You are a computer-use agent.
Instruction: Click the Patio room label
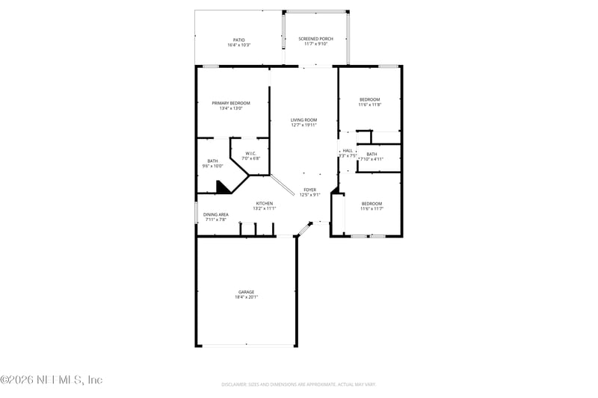pos(238,40)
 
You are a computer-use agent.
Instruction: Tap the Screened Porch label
pos(315,38)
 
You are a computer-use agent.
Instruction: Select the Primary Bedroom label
pos(230,103)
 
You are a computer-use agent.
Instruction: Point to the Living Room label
pos(304,119)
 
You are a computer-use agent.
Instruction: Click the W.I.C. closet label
pos(250,153)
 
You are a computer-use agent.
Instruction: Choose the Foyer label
pos(309,190)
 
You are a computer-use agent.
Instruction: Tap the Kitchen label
pos(265,203)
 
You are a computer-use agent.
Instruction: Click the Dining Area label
pos(215,214)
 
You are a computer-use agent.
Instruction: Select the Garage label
pos(247,291)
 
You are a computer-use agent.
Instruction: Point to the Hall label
pos(348,151)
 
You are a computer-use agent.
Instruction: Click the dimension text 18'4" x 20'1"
pos(247,296)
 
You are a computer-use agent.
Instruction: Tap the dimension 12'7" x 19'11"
pos(304,125)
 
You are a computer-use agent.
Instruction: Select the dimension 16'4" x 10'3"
pos(238,45)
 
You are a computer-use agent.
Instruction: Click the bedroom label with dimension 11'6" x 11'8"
pos(369,99)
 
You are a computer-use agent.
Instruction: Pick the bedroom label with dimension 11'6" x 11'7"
pos(372,204)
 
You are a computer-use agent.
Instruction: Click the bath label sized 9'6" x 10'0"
pos(212,161)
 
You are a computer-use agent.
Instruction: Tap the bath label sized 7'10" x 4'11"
pos(372,154)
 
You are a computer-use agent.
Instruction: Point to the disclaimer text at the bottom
pos(298,385)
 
